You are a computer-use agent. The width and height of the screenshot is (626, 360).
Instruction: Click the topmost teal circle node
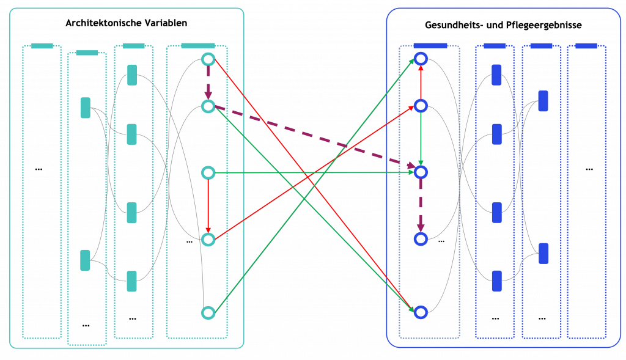(208, 59)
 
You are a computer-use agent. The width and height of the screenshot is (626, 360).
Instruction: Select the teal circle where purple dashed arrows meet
(208, 106)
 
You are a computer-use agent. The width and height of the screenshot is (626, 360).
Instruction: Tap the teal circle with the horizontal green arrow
(208, 173)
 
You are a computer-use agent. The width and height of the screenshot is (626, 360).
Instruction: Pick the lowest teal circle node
(208, 313)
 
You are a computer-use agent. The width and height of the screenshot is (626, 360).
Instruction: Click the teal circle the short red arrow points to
(208, 240)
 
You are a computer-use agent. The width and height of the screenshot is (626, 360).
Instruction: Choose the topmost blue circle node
(421, 59)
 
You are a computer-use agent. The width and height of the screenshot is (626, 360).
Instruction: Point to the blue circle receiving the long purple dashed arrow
(421, 172)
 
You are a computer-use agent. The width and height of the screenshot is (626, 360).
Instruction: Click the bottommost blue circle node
(421, 312)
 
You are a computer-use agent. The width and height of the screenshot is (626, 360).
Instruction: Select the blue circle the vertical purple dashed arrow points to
(421, 239)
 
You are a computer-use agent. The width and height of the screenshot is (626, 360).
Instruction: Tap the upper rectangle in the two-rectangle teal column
(86, 108)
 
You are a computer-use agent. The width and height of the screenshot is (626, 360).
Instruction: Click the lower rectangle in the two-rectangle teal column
(86, 260)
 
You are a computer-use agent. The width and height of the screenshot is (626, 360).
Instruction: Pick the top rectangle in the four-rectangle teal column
(132, 75)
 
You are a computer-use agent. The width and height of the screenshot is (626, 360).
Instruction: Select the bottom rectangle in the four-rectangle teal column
(131, 281)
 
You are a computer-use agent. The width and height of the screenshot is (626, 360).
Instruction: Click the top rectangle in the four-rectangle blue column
(496, 75)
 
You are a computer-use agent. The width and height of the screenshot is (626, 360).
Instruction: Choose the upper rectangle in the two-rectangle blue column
(543, 101)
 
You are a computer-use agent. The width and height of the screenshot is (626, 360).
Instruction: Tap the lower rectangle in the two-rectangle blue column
(543, 253)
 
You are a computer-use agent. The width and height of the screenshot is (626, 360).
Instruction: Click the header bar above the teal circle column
(198, 46)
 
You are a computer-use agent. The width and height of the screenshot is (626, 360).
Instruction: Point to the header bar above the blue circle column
(430, 46)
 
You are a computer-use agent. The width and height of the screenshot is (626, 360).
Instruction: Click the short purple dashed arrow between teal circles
(208, 83)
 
